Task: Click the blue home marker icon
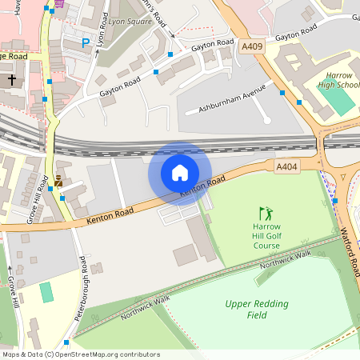180,173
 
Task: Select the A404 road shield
286,166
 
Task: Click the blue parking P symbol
86,43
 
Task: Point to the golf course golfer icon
266,214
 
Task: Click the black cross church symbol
13,80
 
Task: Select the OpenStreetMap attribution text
80,354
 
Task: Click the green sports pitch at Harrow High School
336,97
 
